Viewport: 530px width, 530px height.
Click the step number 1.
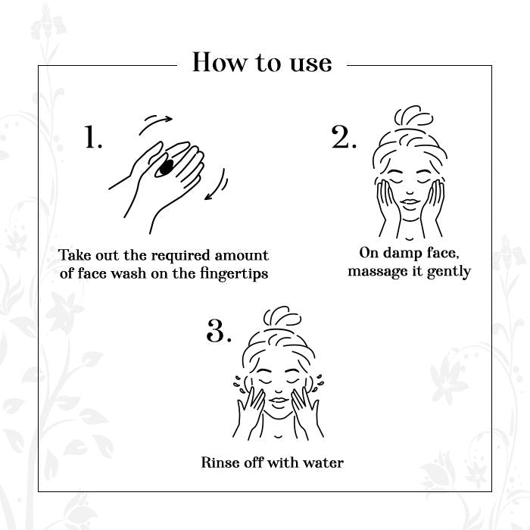click(93, 136)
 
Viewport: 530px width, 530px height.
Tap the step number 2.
click(344, 136)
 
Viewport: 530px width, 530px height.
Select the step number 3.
click(219, 331)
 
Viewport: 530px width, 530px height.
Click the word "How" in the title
click(220, 62)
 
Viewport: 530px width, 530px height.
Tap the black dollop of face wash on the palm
click(166, 167)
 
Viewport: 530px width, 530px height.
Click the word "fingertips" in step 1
click(234, 274)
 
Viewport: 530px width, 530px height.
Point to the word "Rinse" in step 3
click(218, 463)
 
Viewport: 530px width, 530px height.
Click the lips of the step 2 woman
click(410, 203)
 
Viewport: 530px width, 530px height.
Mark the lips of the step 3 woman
click(279, 402)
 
